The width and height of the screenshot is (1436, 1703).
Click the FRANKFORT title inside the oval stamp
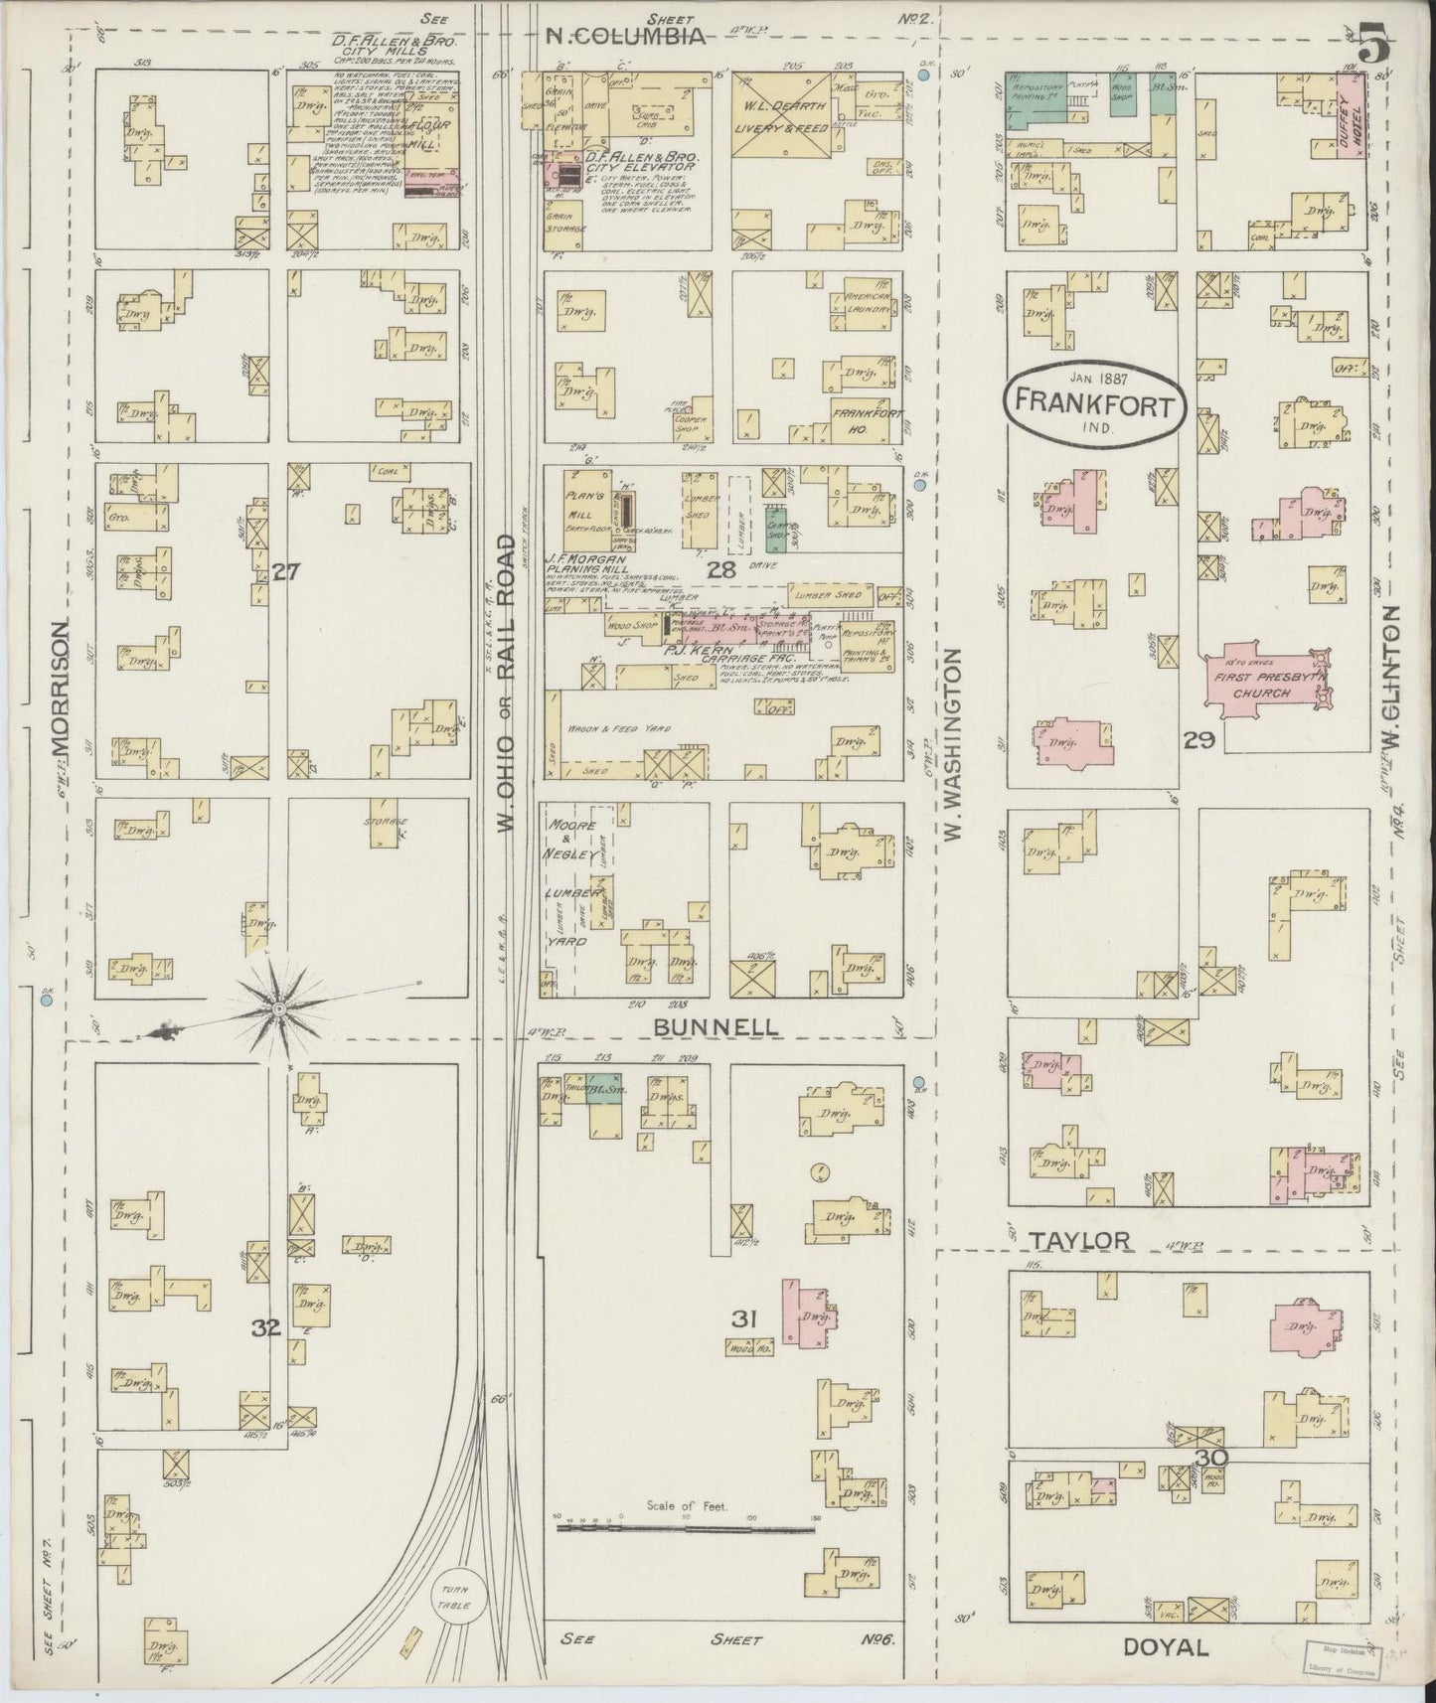(x=1096, y=405)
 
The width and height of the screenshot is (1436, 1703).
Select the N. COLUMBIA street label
(x=626, y=37)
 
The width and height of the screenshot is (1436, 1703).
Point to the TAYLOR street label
(x=1080, y=1240)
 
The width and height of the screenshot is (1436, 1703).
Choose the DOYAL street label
(x=1165, y=1647)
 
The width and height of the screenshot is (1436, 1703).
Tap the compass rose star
(x=280, y=1009)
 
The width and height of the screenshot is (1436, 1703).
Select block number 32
(x=265, y=1326)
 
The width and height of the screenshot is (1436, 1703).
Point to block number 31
(x=744, y=1318)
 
